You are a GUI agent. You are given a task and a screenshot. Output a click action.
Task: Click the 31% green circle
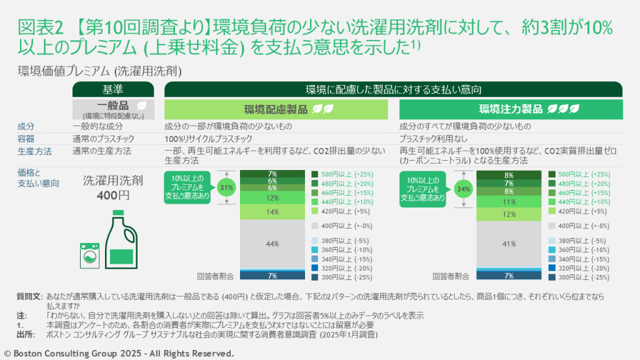coord(227,186)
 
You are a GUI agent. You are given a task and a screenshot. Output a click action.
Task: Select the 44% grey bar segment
coord(272,244)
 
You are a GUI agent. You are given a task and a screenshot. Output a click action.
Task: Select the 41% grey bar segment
coord(509,244)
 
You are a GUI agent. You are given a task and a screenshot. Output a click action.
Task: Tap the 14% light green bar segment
coord(272,212)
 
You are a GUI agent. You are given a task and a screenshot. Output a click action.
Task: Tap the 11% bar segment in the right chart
coord(509,202)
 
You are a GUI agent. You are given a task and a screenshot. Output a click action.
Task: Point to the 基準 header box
coord(112,89)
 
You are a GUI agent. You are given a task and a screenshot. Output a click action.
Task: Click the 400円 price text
coord(113,195)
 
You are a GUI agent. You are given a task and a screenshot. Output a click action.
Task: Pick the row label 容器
coord(26,138)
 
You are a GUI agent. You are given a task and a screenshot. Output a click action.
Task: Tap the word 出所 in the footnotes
coord(25,334)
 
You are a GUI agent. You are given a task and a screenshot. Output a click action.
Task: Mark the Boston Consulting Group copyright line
coord(119,353)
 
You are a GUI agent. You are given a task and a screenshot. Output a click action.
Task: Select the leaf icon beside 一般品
coord(142,106)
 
